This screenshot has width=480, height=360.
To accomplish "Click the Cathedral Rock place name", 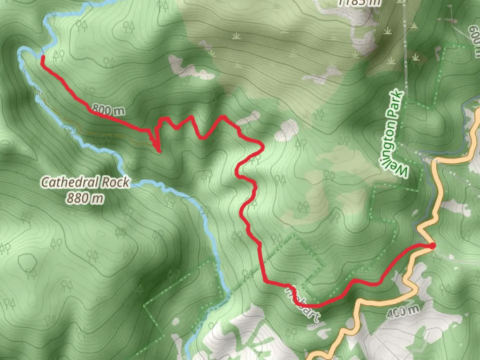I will [x=85, y=182].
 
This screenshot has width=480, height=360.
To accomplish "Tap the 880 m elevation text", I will [x=84, y=199].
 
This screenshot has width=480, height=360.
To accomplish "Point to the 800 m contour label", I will [x=108, y=110].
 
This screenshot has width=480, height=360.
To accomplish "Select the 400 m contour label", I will [x=403, y=311].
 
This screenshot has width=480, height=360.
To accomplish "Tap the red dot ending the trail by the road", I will [x=432, y=246].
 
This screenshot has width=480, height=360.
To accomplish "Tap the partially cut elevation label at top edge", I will [x=359, y=3].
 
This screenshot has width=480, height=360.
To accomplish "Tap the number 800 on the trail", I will [x=101, y=109].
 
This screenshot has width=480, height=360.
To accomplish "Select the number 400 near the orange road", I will [x=397, y=312].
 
